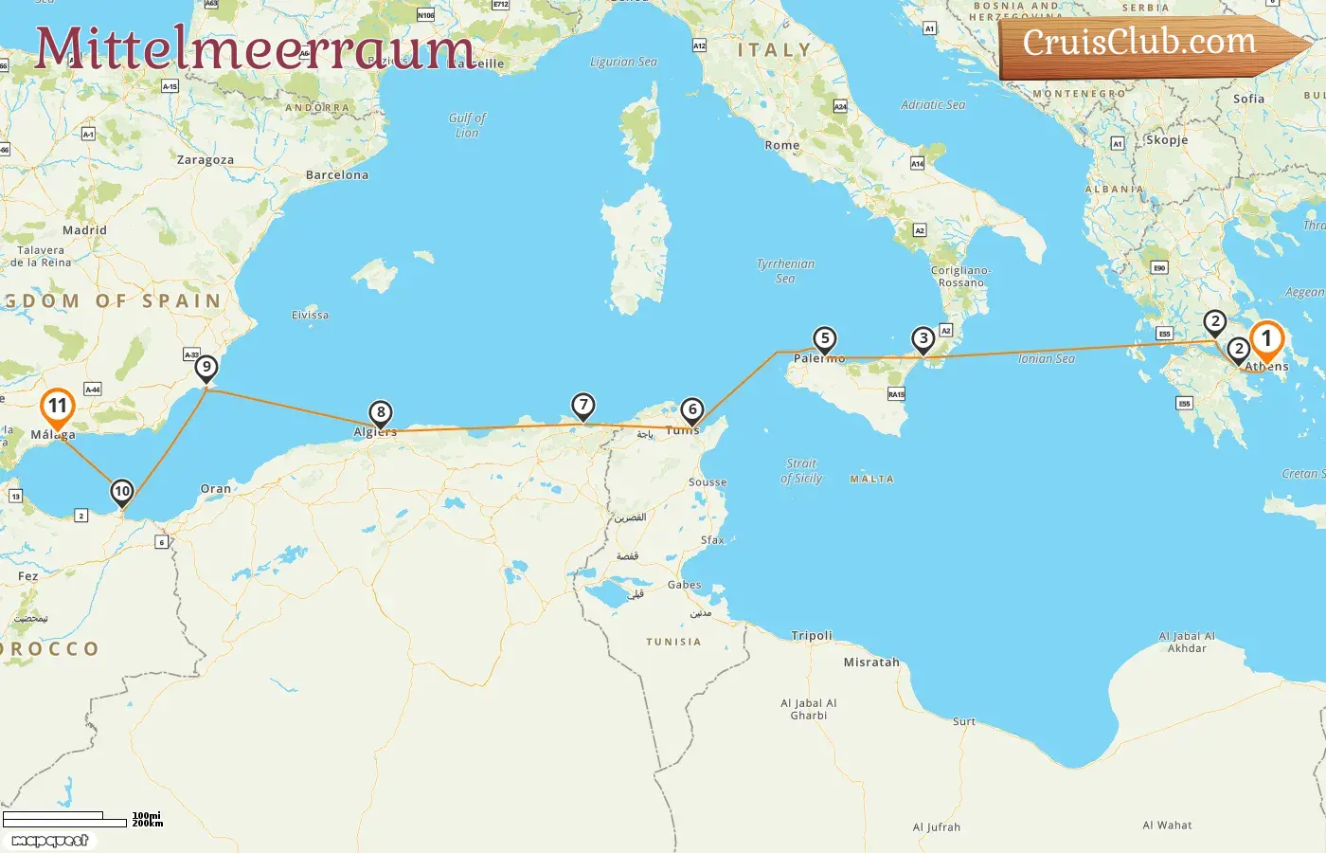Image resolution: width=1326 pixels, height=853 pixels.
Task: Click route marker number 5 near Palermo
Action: point(825,339)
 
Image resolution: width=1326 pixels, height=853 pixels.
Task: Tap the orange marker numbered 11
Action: point(58,408)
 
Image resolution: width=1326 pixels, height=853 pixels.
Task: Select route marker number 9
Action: point(206,368)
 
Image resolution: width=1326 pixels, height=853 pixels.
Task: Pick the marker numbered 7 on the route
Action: point(583,407)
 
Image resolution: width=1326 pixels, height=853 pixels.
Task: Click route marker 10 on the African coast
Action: point(122,492)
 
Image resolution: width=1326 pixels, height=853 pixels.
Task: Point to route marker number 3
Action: point(923,339)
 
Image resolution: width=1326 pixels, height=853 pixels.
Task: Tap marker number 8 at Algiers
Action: point(381,413)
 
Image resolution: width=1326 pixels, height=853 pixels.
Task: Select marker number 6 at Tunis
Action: point(692,410)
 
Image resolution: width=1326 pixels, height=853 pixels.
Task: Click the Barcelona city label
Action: point(337,175)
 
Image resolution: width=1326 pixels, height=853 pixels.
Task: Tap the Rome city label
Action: point(782,146)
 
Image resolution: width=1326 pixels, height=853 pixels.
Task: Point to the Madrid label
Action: point(85,230)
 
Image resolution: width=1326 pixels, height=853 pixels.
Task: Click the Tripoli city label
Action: point(812,636)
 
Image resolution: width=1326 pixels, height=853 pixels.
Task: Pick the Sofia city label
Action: point(1248,99)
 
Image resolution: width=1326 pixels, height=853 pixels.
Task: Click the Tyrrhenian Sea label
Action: point(785,271)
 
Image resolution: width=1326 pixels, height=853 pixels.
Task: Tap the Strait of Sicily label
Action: point(801,471)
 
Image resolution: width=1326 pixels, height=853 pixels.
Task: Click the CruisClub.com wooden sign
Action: point(1146,44)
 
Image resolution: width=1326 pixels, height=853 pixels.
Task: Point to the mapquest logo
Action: point(49,841)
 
